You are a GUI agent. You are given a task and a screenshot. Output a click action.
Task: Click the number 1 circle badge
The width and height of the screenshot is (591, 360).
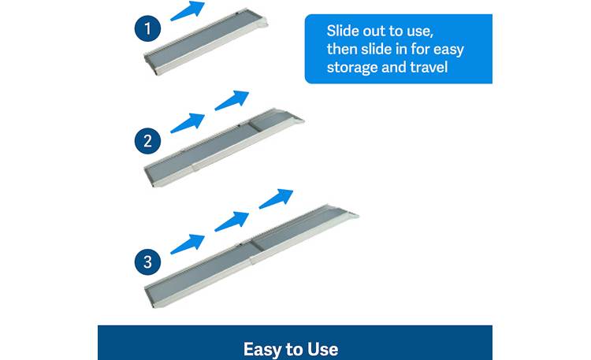[148, 30]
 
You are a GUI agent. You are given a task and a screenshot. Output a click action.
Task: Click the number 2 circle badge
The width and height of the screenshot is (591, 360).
[148, 143]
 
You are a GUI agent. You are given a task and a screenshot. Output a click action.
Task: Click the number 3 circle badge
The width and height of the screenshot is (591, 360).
[148, 262]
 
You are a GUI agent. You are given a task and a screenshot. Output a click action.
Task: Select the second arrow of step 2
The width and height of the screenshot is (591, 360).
[231, 100]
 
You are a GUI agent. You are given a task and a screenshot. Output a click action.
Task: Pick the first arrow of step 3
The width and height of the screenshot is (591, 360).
[187, 241]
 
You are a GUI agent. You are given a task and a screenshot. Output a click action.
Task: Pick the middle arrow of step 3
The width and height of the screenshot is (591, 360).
[231, 220]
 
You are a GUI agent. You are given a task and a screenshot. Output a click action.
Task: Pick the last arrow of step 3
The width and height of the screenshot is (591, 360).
[275, 198]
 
